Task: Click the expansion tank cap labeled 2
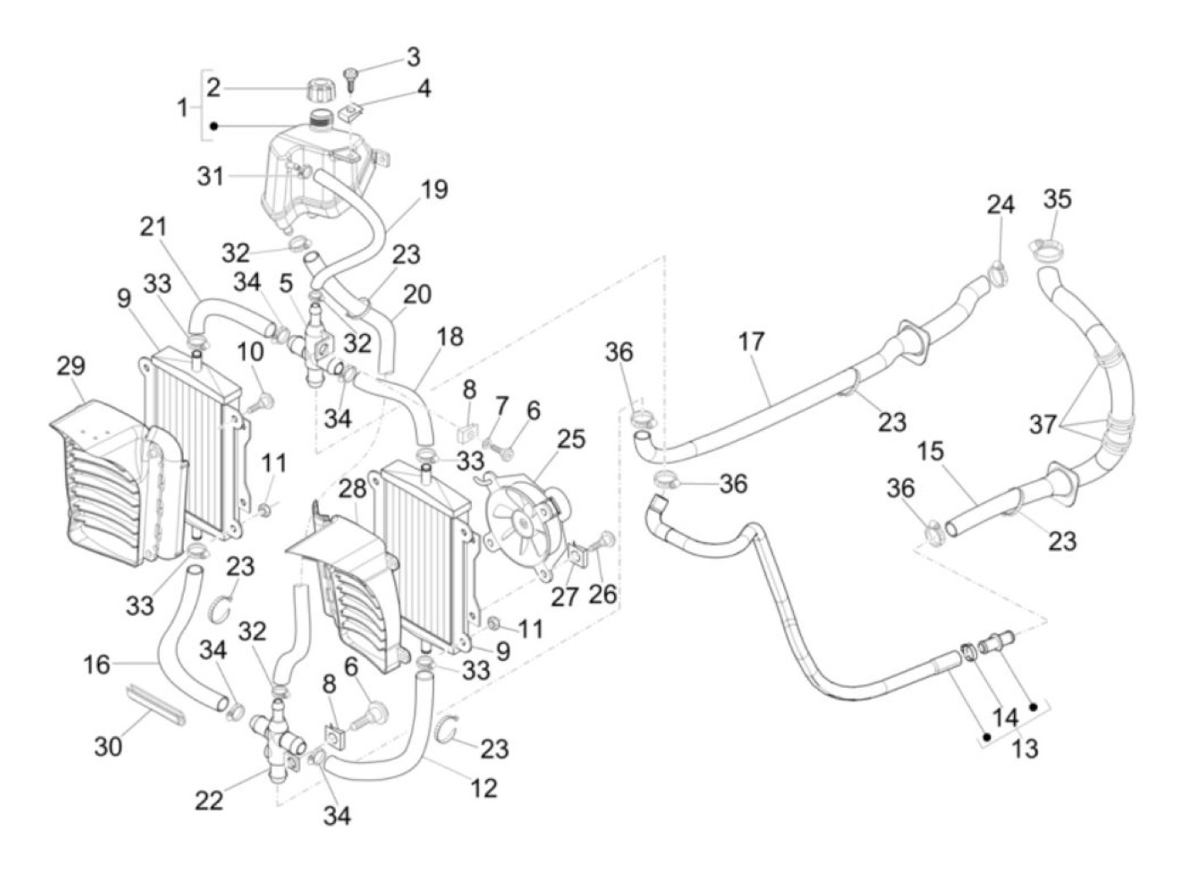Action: [x=321, y=88]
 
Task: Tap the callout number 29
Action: [x=71, y=366]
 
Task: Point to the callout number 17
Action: [x=750, y=342]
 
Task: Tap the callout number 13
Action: [x=1025, y=749]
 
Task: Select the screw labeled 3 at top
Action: [x=352, y=79]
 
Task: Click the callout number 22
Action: [x=209, y=799]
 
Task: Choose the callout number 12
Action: [x=483, y=788]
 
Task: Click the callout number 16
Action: [x=96, y=664]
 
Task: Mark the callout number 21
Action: [x=153, y=227]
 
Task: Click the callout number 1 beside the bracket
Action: [x=182, y=107]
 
